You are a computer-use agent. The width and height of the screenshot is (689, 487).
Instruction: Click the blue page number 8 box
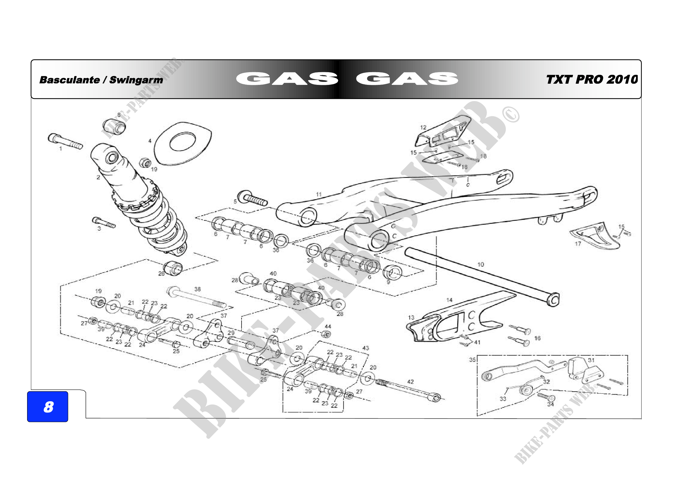pos(47,407)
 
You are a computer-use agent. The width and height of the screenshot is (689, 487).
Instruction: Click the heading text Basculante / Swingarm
pos(101,80)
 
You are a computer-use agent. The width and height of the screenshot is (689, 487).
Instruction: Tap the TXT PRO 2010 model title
pos(592,80)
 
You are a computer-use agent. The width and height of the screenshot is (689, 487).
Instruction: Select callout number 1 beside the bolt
pos(61,148)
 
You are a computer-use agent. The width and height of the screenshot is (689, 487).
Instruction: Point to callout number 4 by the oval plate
pos(150,141)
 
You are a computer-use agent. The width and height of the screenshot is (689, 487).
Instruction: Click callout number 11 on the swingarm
pos(319,194)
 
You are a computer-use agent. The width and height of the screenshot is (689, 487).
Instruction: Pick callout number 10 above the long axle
pos(481,264)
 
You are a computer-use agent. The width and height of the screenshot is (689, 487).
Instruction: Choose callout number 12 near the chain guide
pos(423,128)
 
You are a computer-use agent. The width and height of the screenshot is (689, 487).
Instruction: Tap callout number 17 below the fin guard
pos(578,244)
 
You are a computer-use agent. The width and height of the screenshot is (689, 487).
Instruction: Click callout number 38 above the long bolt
pos(197,289)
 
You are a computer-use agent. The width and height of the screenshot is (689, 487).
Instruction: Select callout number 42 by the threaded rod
pos(411,382)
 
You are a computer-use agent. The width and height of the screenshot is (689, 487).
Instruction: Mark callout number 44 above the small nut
pos(328,326)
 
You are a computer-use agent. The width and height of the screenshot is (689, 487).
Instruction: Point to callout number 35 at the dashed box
pos(472,359)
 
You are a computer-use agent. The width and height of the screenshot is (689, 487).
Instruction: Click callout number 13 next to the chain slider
pos(411,317)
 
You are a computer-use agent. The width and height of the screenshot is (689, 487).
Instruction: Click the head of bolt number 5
pos(242,196)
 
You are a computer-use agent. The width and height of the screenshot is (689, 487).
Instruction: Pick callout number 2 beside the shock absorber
pos(98,177)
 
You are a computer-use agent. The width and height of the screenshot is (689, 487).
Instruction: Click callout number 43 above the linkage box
pos(366,348)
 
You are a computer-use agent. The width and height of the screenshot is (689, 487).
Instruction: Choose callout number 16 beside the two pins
pos(538,338)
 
